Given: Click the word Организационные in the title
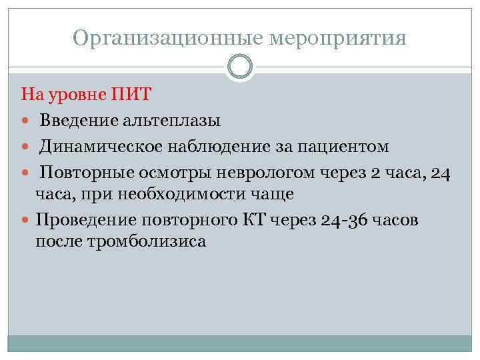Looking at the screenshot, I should [x=167, y=38].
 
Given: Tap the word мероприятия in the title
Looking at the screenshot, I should [x=337, y=38].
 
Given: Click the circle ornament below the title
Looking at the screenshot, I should [x=240, y=67].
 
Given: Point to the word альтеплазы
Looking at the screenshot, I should [x=172, y=120].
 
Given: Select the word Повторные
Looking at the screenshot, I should [x=85, y=173].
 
